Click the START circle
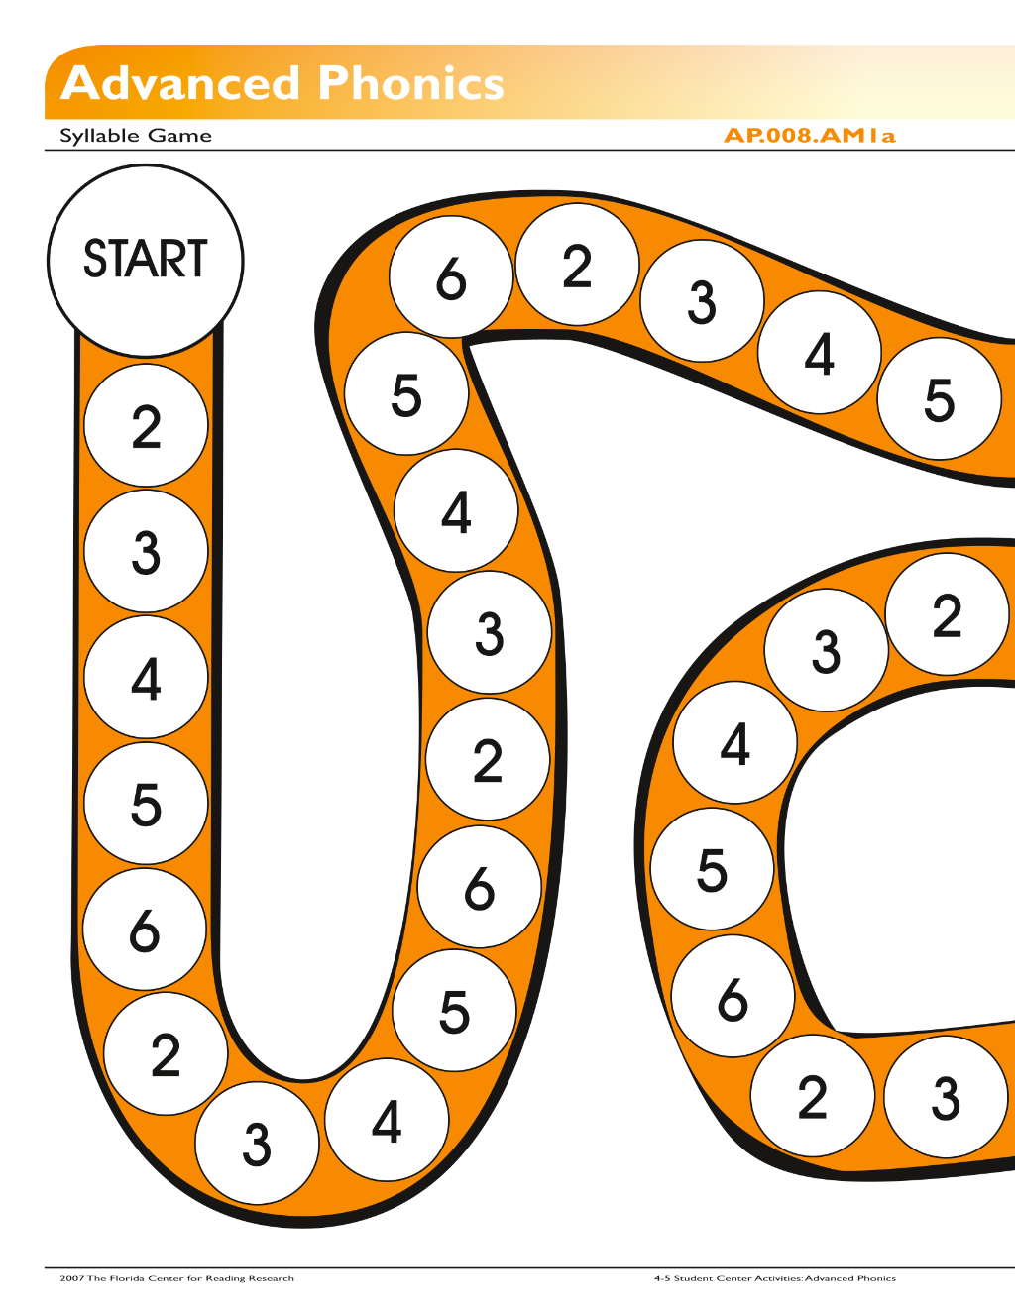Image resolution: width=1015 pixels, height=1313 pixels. point(146,261)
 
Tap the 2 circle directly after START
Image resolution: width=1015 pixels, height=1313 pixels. point(147,425)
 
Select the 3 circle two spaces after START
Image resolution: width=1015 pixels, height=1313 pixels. point(147,551)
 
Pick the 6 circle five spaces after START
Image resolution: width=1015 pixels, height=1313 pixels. point(145,930)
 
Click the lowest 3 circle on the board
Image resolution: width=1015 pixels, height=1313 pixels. point(258,1144)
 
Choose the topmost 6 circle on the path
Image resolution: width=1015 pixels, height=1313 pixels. point(451,276)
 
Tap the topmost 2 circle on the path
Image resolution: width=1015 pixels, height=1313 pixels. point(578,265)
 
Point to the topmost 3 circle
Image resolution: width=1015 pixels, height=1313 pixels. point(702,301)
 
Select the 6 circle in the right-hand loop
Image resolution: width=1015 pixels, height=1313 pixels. point(733,996)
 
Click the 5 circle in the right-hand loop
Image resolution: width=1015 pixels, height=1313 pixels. point(713,869)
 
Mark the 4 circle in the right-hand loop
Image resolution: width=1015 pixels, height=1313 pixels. point(735,742)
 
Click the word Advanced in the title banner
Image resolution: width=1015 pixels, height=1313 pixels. point(180,83)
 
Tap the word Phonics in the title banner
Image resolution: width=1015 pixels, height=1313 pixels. point(410,83)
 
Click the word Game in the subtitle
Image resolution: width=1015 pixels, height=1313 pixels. point(179,136)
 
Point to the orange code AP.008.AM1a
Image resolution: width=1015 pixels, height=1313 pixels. point(810,136)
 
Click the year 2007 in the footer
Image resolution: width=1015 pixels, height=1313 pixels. point(72,1278)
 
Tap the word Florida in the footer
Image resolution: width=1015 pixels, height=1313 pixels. point(128,1278)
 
